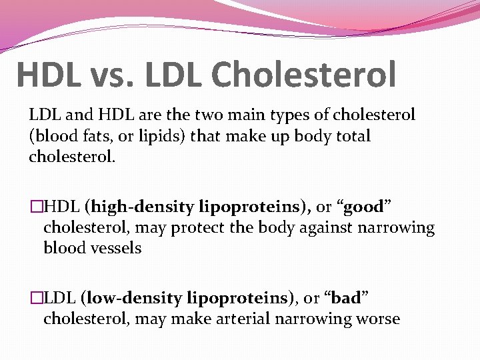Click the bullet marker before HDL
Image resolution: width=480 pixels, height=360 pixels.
(x=36, y=207)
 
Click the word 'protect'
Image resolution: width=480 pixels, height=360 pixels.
(x=197, y=228)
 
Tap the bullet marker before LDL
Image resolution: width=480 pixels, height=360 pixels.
(x=36, y=299)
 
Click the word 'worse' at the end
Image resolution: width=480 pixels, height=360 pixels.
(x=377, y=319)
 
